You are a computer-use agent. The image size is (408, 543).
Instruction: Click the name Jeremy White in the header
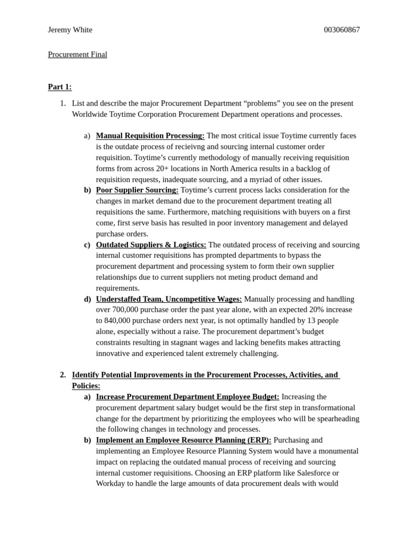pos(70,30)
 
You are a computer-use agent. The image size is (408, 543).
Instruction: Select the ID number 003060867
pos(342,30)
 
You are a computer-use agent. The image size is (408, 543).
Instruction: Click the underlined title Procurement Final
pos(78,55)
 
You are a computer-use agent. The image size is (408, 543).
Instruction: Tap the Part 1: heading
pos(59,87)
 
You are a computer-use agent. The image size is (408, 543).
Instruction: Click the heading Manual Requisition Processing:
pos(150,136)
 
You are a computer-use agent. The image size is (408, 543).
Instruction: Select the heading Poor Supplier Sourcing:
pos(137,190)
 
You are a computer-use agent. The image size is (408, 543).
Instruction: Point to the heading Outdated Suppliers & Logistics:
pos(151,244)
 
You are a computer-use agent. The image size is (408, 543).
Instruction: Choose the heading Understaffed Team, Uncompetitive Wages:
pos(169,299)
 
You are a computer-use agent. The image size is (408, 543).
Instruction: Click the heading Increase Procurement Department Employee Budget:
pos(188,397)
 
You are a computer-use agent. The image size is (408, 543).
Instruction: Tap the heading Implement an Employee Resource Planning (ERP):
pos(183,440)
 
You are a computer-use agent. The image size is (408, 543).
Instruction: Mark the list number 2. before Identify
pos(63,375)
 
